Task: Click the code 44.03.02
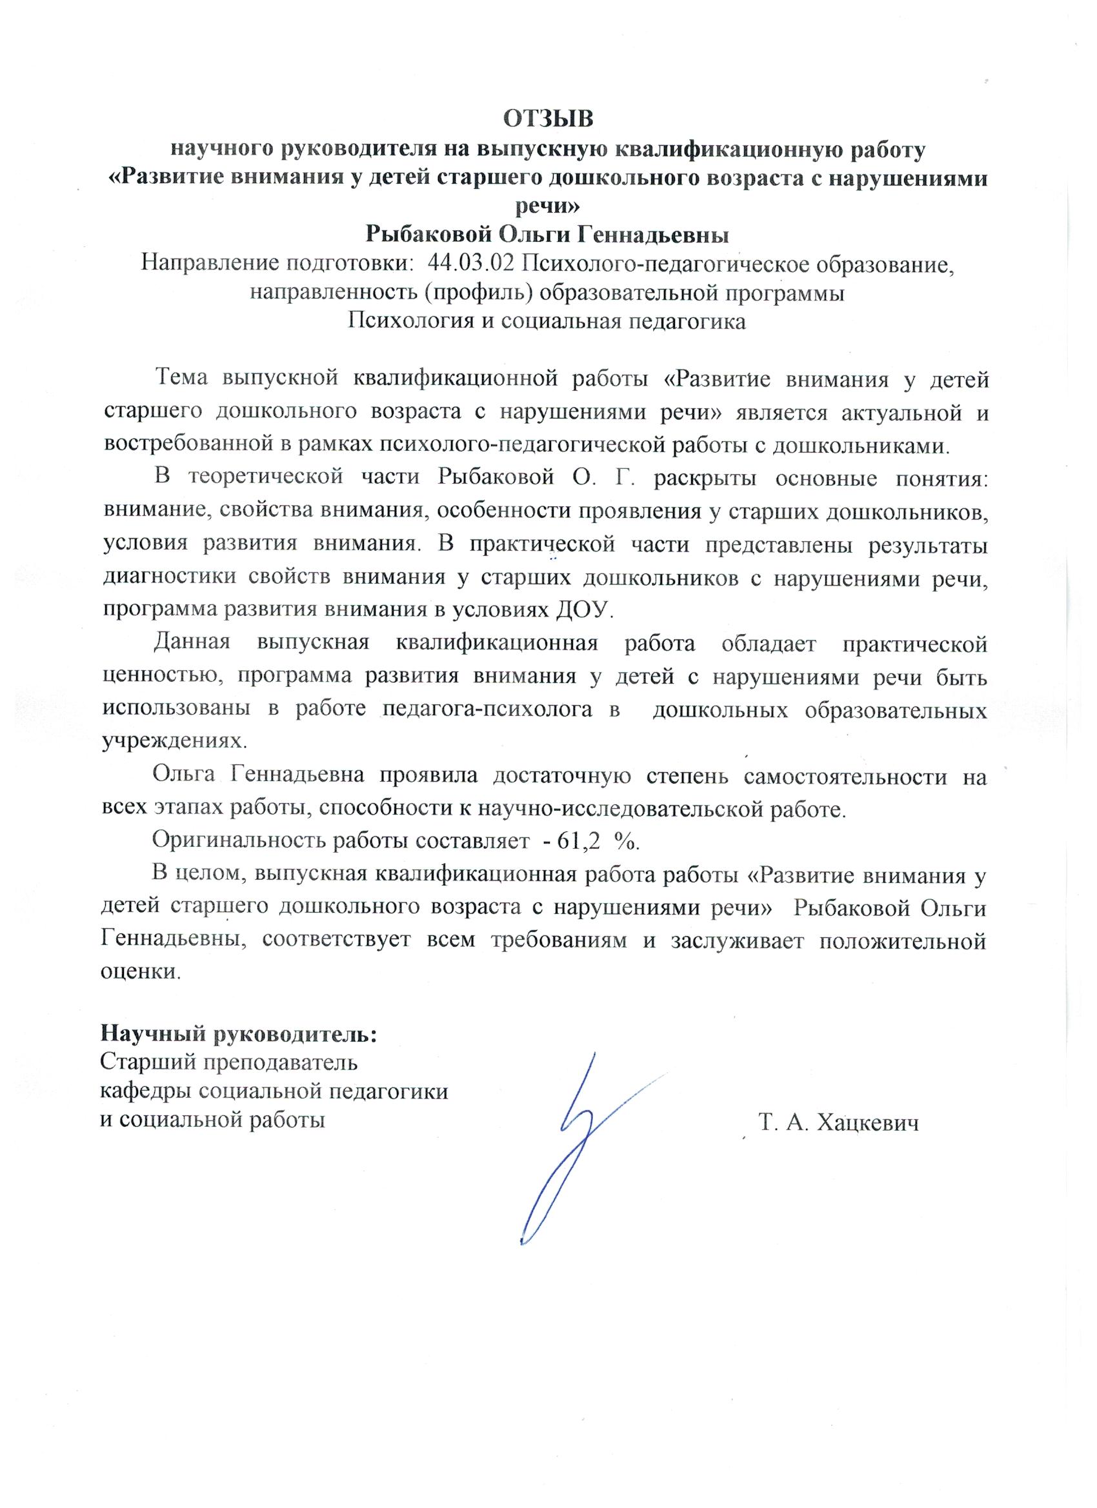472,264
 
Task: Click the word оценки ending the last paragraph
139,971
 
